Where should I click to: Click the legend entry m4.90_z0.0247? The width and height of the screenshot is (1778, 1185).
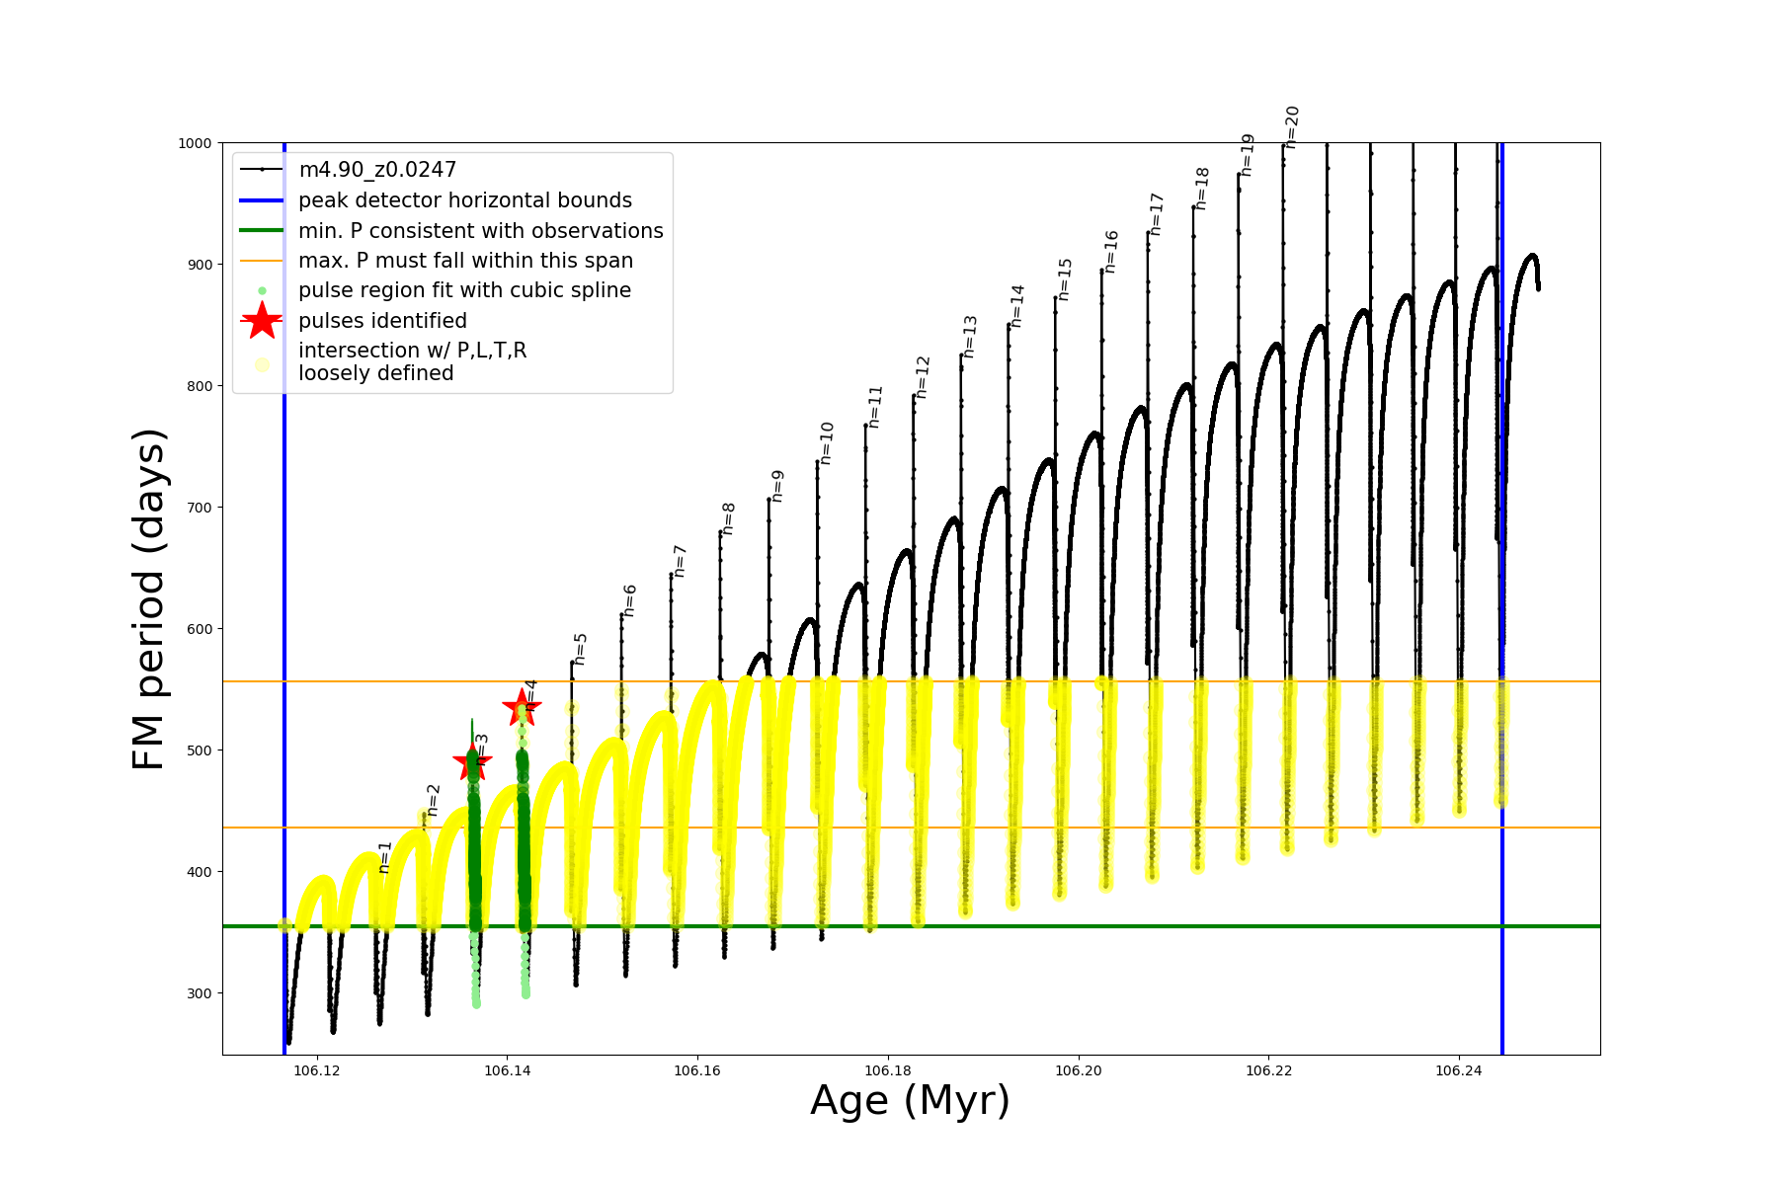click(377, 170)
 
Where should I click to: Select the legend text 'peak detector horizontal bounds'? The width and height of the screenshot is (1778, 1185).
click(464, 200)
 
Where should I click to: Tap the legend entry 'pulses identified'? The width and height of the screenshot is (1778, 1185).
click(382, 321)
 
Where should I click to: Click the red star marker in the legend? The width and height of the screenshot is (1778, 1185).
click(262, 321)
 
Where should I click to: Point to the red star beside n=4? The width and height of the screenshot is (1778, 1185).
click(522, 706)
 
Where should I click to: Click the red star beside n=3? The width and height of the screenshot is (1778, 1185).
click(472, 762)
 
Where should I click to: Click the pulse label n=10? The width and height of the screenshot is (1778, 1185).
click(827, 443)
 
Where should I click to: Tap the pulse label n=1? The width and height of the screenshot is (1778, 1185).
click(385, 857)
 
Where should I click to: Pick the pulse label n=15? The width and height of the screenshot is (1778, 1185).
click(1064, 279)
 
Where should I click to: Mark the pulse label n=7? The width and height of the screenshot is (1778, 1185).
click(680, 561)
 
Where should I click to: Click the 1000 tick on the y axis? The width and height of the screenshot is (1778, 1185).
click(195, 143)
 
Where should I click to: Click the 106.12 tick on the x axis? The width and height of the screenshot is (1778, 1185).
click(317, 1070)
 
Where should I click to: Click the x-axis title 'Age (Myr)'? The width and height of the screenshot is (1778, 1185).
click(910, 1101)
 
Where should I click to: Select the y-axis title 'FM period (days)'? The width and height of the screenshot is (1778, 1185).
click(149, 598)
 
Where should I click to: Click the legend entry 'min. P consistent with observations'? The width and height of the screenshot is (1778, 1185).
click(480, 231)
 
